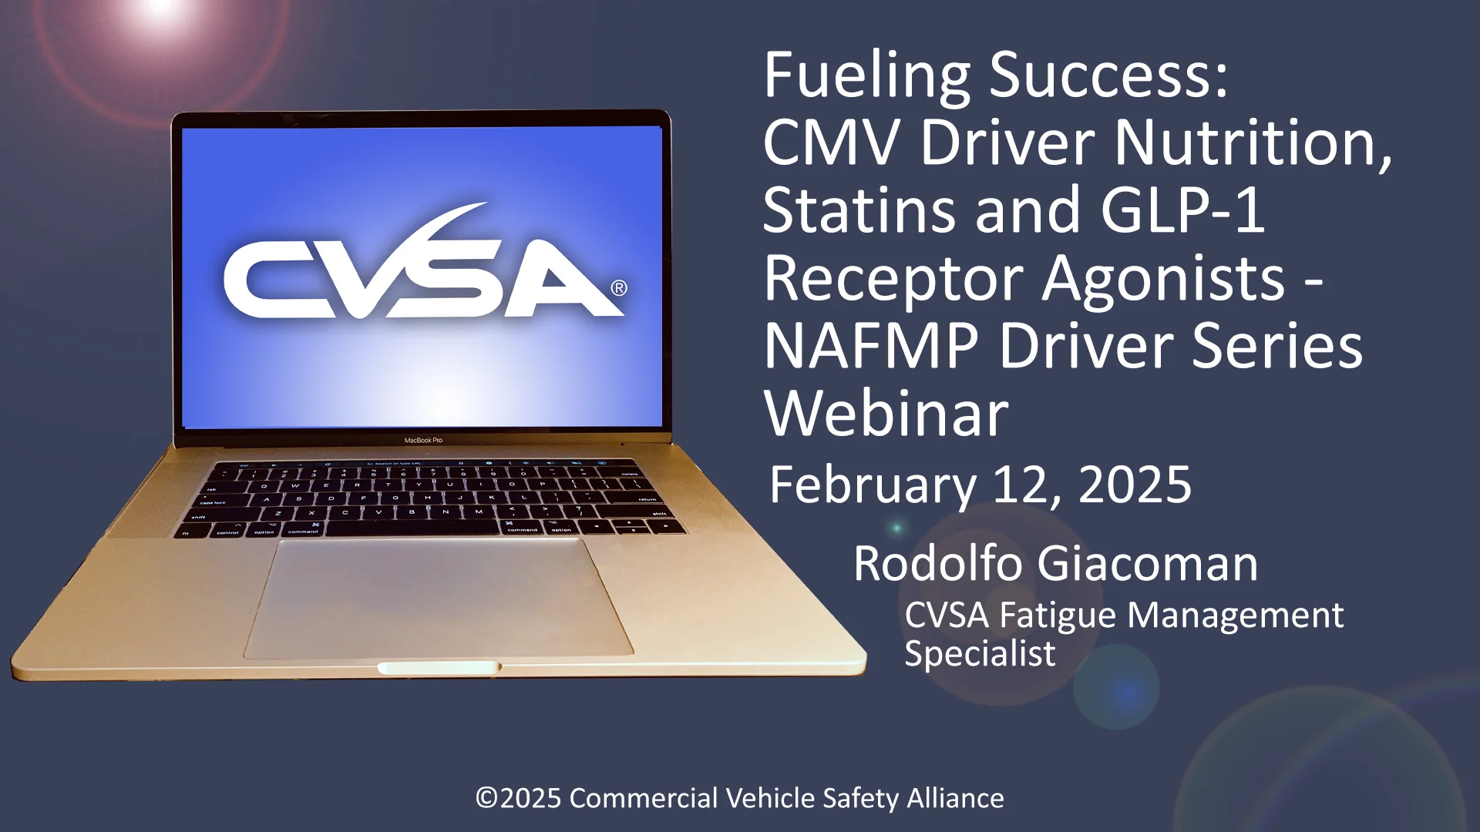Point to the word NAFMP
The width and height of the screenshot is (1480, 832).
pos(871,347)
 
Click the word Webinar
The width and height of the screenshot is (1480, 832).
pos(886,414)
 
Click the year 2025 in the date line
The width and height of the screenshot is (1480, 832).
pos(1135,485)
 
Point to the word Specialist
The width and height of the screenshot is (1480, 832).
pos(980,654)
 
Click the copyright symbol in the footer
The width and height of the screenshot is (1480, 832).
pos(486,798)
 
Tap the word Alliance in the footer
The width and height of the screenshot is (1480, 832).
pos(955,798)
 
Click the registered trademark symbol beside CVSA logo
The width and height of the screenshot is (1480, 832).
pos(619,288)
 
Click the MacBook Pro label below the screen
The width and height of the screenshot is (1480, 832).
pos(423,441)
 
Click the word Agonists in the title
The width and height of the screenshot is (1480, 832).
pos(1164,279)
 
